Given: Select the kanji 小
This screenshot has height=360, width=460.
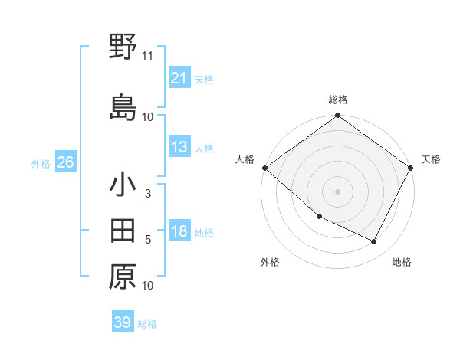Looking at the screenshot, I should pos(123,185).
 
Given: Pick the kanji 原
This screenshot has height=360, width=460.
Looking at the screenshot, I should pos(123,277).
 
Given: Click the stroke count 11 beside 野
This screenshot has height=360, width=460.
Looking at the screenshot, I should pos(148,56).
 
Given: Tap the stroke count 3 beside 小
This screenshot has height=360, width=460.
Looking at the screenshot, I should pos(148,195).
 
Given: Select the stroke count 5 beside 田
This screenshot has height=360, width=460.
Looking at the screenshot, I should pos(148,241).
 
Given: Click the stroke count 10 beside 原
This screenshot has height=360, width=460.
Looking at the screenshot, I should pos(148,286).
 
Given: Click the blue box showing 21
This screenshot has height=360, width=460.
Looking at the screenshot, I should pos(179,78).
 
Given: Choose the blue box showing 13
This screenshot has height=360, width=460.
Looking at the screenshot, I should pos(179,147).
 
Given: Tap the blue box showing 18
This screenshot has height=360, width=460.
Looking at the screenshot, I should pos(179,232).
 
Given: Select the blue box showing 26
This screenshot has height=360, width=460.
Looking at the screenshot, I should pos(65,162).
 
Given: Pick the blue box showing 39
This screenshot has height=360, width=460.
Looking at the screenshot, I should pos(122,322).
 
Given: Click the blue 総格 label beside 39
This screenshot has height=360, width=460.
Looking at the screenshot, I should pos(147,324).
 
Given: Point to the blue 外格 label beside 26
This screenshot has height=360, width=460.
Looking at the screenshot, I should pos(41,164).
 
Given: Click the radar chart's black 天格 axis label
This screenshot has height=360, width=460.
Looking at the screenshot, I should pos(431,159).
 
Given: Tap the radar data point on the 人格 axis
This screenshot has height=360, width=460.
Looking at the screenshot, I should pos(264,168).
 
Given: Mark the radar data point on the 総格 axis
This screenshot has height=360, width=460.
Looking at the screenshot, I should pos(337,116).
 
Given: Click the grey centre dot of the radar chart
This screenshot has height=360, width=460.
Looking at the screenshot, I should pos(337,191).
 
